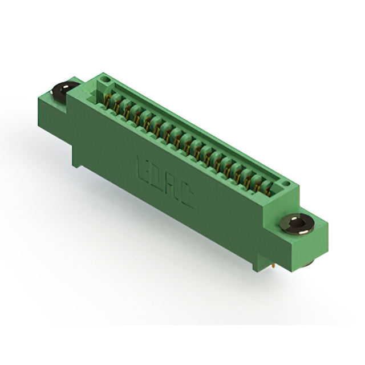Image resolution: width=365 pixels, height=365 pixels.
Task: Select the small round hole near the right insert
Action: [x=286, y=184]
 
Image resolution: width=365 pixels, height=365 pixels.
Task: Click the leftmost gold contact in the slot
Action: [x=106, y=102]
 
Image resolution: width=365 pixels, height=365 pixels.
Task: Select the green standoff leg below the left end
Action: [x=76, y=157]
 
